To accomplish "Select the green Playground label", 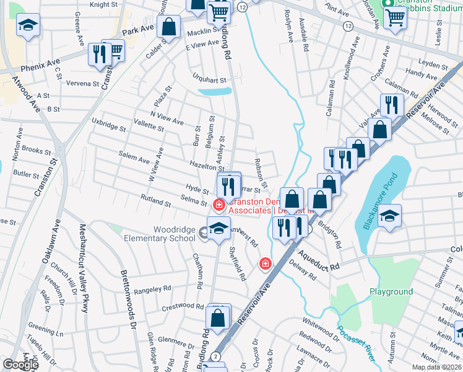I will click(x=391, y=291).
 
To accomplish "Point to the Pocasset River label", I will click(x=357, y=346).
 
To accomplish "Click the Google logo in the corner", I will click(x=20, y=365).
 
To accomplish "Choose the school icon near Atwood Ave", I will click(x=27, y=25).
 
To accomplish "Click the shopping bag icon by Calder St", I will click(x=168, y=27).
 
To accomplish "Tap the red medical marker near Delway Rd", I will click(x=266, y=264).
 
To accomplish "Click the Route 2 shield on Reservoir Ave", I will click(x=215, y=356).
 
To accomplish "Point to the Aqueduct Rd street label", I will click(x=318, y=260).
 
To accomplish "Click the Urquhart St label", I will click(x=209, y=79).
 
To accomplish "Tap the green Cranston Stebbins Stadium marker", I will click(x=389, y=3).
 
